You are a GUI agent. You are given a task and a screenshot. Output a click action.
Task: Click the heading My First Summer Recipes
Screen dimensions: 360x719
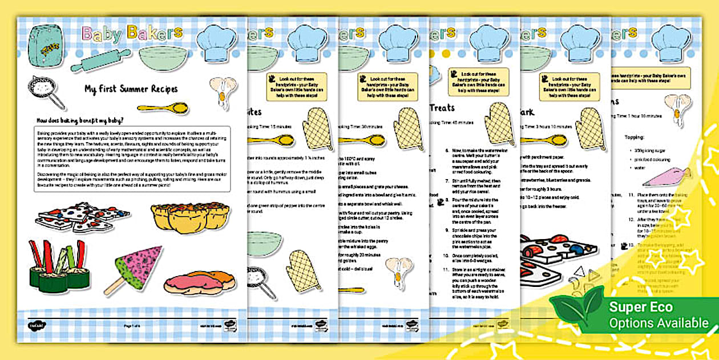point(131,89)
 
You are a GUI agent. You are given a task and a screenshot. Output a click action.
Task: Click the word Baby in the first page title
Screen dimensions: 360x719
point(102,34)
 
